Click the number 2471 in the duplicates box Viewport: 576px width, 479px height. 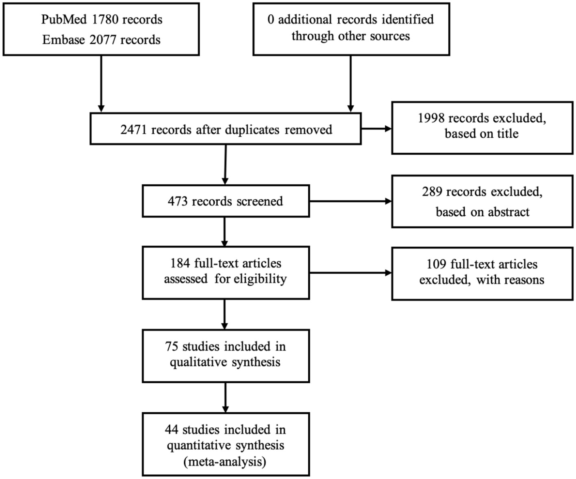[134, 130]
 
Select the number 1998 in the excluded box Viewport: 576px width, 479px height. [431, 118]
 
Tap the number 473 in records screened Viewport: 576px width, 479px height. [178, 201]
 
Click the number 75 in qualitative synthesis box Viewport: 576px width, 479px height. [172, 346]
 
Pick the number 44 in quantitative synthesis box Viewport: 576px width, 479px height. [172, 429]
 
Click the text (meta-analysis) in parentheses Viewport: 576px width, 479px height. [225, 462]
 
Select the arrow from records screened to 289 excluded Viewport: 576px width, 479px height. [350, 201]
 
